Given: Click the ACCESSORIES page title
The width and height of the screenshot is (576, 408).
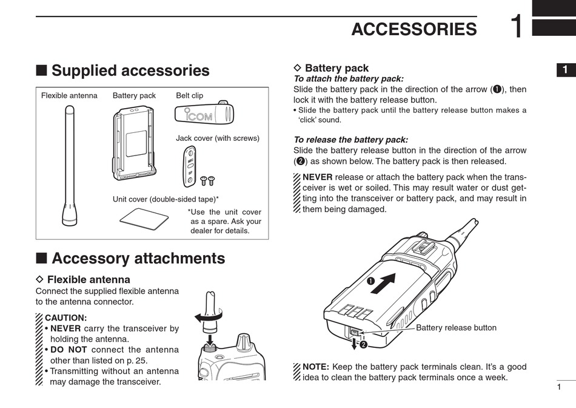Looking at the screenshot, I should (414, 29).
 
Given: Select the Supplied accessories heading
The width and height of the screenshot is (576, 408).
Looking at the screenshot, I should (130, 71).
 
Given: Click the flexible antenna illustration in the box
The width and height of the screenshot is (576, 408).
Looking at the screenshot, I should (68, 164).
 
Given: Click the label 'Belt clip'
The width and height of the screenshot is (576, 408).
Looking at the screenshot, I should (189, 95).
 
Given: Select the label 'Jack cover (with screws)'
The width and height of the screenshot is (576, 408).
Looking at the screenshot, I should (217, 138).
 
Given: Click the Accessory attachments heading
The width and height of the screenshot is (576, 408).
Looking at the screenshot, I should (138, 259).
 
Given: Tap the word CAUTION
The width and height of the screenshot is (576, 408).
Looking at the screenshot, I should (66, 318).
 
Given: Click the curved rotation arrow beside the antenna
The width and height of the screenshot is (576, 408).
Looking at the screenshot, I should (207, 316).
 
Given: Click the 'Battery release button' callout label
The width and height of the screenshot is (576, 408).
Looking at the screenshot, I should (456, 328).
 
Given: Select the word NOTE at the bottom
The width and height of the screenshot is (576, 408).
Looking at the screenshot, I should (315, 367).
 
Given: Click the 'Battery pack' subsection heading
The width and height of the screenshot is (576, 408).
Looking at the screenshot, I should (337, 68).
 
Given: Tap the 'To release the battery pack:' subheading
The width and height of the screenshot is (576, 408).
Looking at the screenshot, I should (350, 140).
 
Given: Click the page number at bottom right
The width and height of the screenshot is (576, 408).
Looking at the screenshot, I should (558, 387).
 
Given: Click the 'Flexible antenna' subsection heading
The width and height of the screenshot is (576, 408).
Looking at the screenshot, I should (89, 280).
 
